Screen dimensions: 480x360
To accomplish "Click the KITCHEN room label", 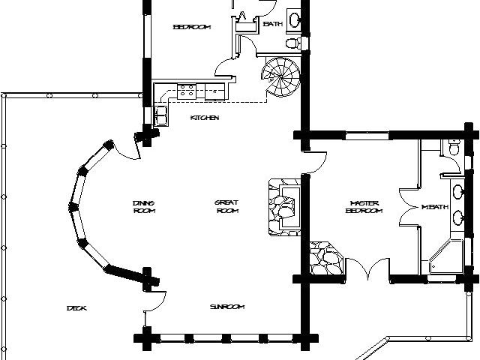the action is point(205,118).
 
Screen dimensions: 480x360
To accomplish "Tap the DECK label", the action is point(76,308).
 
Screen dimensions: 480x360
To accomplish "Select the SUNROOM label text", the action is point(227,307).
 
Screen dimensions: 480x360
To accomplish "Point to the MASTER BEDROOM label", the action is point(364,207).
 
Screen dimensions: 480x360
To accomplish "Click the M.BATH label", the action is point(435,207).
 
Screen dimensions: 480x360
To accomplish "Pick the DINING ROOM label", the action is point(144,207).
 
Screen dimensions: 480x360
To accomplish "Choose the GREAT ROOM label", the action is point(226,207).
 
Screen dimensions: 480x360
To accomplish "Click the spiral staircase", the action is point(281,77).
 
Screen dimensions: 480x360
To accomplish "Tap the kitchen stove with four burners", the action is point(187,91).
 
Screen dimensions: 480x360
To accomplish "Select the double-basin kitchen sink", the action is point(160,115).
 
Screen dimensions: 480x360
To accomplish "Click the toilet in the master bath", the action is point(454,148).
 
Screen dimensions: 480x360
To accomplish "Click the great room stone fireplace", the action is point(284,207).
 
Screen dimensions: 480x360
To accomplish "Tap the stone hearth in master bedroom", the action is point(326,258).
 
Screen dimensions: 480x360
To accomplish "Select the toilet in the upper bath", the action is point(294,43).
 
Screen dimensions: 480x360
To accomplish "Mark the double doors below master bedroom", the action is point(367,268).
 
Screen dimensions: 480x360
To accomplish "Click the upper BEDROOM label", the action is point(192,27).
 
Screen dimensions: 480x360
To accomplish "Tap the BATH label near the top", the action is point(273,23).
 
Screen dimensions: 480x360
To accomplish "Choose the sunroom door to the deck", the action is point(155,301).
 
